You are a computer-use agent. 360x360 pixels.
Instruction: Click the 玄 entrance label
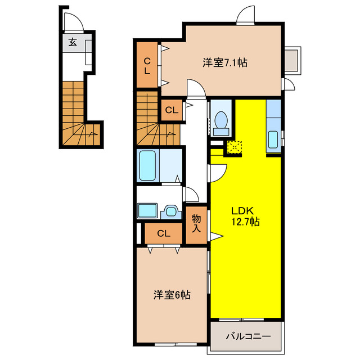click(73, 42)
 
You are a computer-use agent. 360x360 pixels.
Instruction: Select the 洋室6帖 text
click(172, 294)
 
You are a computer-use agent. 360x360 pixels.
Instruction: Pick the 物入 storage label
click(196, 223)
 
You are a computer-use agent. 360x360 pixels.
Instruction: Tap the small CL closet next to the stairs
click(172, 110)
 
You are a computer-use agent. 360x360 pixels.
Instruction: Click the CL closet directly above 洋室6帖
click(163, 233)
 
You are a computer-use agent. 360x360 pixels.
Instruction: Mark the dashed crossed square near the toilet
click(233, 147)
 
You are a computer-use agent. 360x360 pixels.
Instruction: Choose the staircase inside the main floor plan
click(155, 121)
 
